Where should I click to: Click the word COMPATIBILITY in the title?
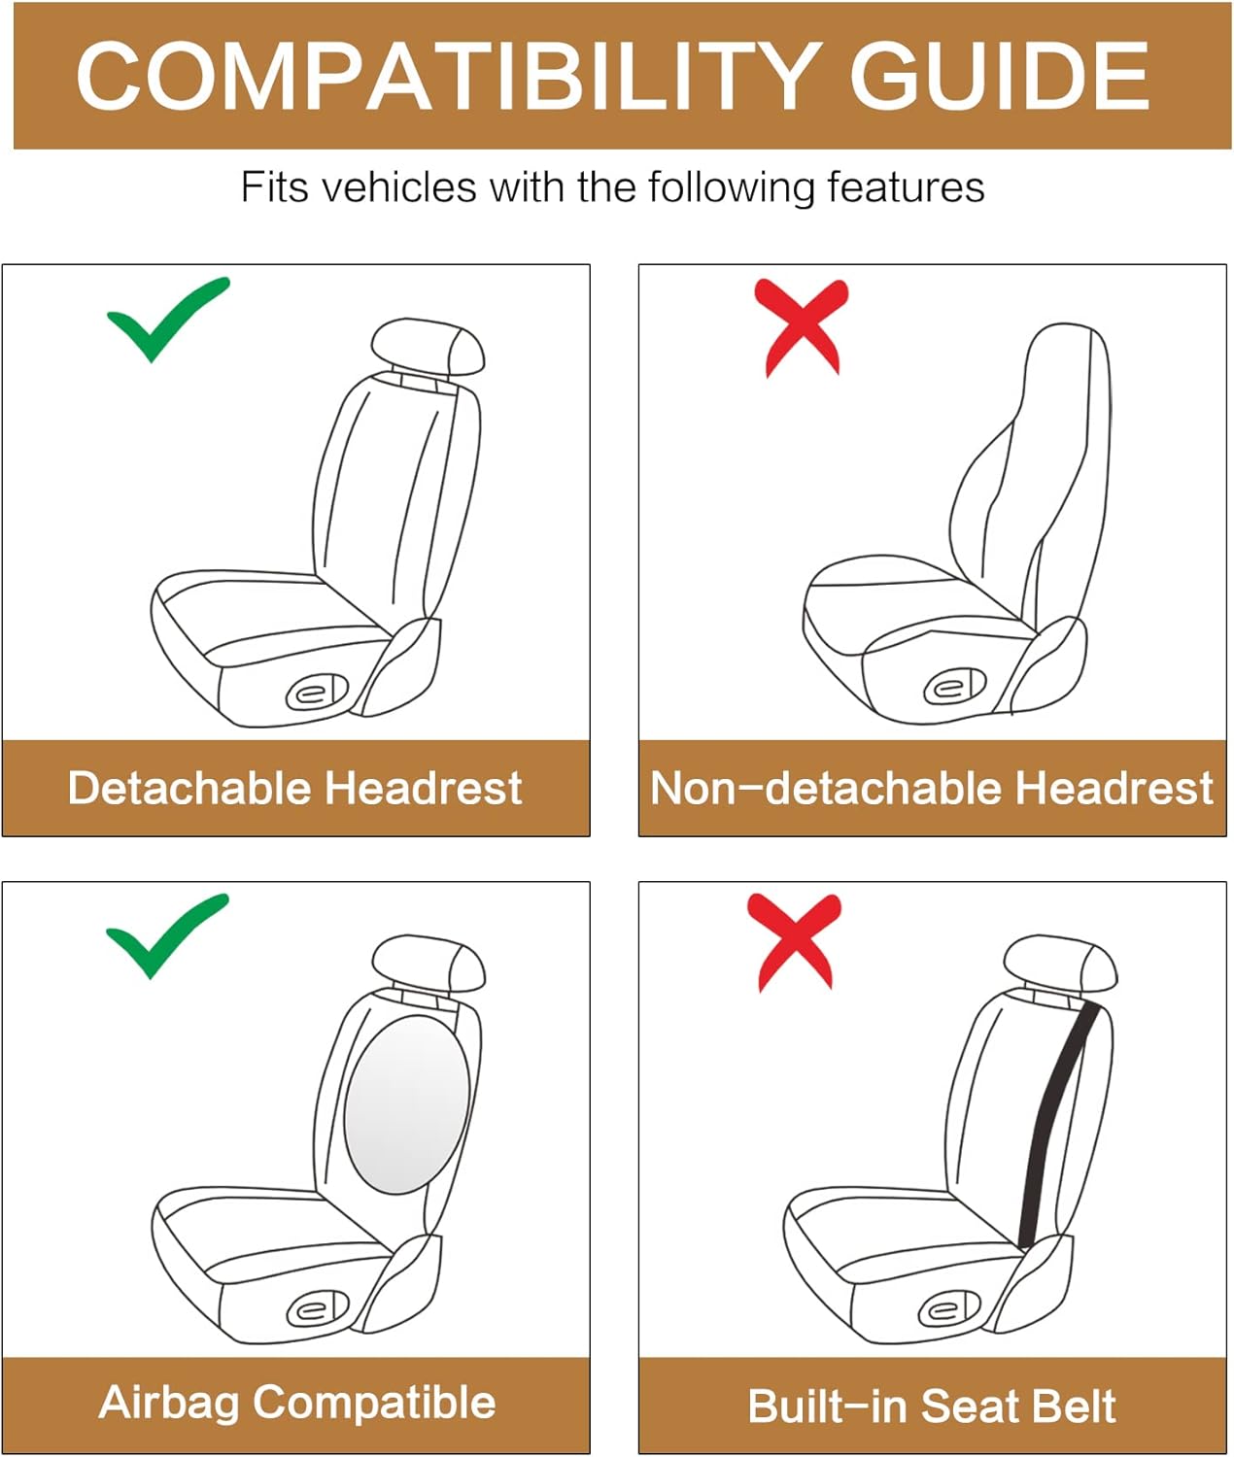[x=447, y=77]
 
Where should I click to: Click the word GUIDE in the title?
[x=1000, y=77]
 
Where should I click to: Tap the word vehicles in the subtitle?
[x=398, y=187]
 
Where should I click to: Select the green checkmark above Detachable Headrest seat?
[x=166, y=318]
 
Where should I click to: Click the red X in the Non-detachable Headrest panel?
[x=802, y=325]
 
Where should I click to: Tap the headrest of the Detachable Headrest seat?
[x=428, y=346]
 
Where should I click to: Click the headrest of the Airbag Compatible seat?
[x=428, y=963]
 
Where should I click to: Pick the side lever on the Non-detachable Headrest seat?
[x=953, y=688]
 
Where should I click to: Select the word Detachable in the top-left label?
[x=189, y=788]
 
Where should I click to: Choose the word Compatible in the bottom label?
[x=375, y=1404]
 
